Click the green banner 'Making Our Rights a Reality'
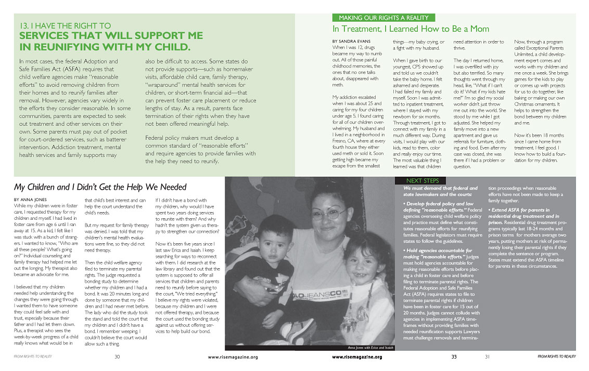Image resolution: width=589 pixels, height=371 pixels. pyautogui.click(x=383, y=18)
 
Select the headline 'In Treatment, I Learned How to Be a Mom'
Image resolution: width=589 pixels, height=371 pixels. pyautogui.click(x=411, y=29)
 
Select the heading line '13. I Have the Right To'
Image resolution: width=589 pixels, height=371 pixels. pyautogui.click(x=65, y=25)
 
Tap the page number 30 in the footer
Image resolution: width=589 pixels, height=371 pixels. pyautogui.click(x=118, y=357)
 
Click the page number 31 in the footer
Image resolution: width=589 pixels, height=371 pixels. pyautogui.click(x=487, y=357)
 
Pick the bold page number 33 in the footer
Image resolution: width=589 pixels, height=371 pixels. pyautogui.click(x=454, y=357)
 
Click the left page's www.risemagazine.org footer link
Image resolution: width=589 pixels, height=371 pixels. pyautogui.click(x=233, y=357)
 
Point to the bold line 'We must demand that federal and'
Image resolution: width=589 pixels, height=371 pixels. pyautogui.click(x=440, y=188)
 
